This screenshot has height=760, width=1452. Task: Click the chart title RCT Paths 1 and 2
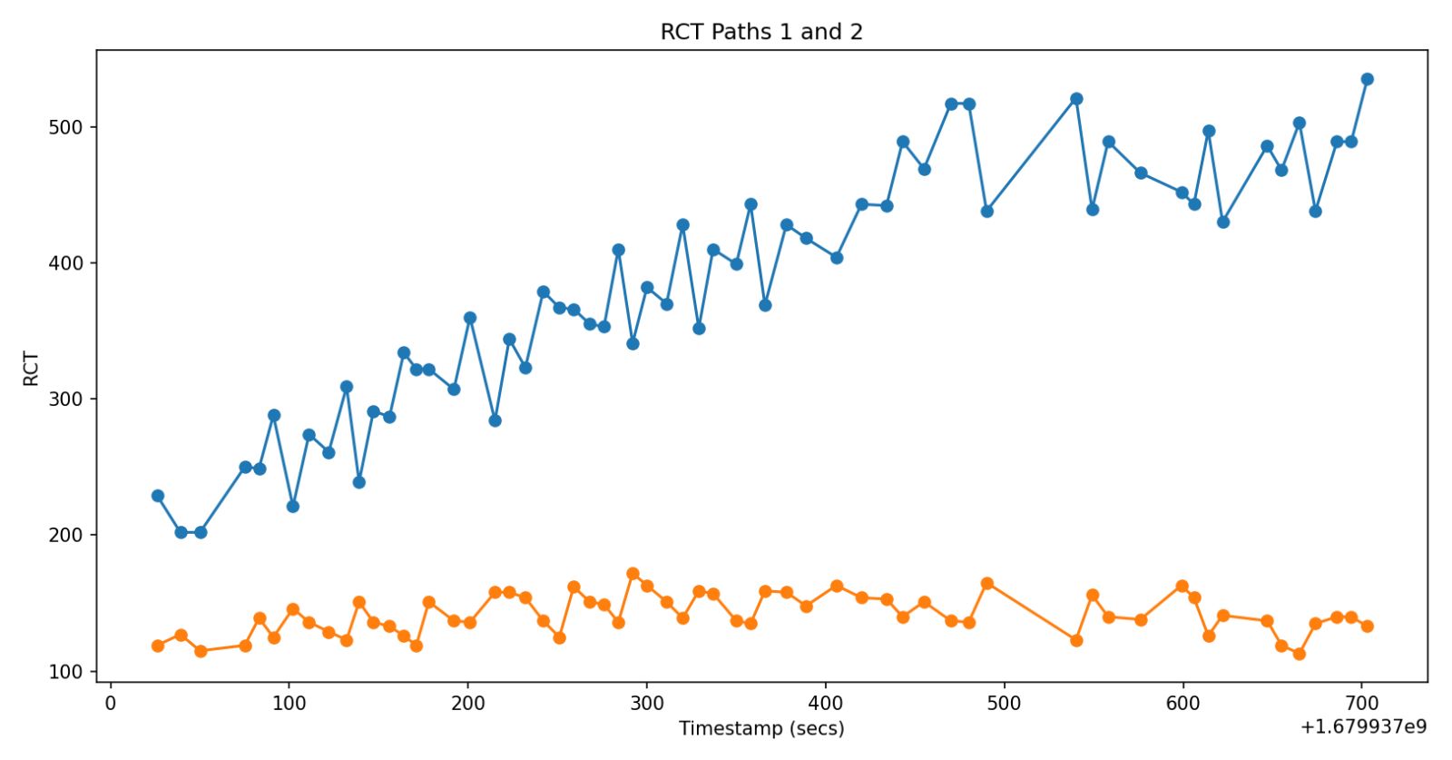click(760, 32)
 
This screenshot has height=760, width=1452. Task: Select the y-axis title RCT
click(32, 369)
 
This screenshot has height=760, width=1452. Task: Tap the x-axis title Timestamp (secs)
click(760, 728)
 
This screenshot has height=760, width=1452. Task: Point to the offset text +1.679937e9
click(1363, 726)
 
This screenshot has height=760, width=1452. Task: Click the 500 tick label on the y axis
click(66, 127)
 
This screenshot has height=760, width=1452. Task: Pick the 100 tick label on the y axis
click(66, 672)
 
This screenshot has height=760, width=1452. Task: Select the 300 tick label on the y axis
click(66, 400)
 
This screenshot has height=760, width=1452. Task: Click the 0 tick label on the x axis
click(111, 703)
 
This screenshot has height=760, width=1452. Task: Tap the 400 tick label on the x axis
click(826, 703)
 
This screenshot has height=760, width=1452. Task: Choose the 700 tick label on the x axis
click(1361, 703)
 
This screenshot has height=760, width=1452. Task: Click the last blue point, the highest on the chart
click(1367, 79)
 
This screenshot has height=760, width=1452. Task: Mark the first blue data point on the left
click(158, 496)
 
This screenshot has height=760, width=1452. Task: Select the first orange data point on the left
click(158, 646)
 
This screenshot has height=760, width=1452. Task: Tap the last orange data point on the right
click(1367, 626)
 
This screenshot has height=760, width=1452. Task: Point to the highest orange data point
click(633, 574)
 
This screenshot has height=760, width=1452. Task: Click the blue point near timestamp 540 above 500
click(1076, 99)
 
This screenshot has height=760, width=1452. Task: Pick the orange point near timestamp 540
click(1076, 640)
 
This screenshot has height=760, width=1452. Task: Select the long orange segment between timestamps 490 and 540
click(1032, 612)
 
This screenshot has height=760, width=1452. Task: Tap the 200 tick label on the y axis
click(66, 536)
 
